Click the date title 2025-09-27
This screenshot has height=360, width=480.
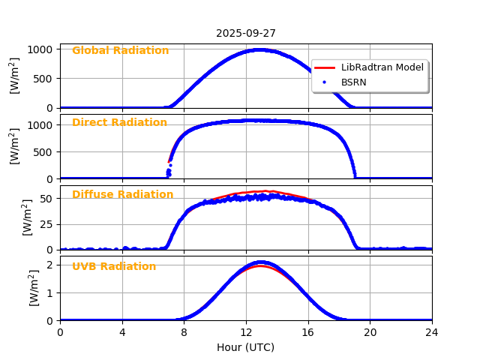pyautogui.click(x=246, y=33)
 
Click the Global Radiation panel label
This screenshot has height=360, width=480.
pyautogui.click(x=120, y=51)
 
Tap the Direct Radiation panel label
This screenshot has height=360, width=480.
pyautogui.click(x=119, y=123)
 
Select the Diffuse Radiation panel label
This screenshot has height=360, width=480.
pyautogui.click(x=122, y=195)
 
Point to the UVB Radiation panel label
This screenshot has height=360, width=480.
pyautogui.click(x=114, y=267)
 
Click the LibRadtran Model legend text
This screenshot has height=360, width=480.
pyautogui.click(x=382, y=67)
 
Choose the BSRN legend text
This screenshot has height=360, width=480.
pyautogui.click(x=354, y=82)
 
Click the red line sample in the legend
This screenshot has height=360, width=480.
pyautogui.click(x=325, y=67)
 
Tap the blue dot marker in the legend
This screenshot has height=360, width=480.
pyautogui.click(x=325, y=82)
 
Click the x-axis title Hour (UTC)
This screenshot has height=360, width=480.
pyautogui.click(x=246, y=347)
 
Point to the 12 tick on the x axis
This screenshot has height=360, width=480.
pyautogui.click(x=246, y=332)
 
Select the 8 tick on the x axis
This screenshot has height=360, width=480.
pyautogui.click(x=184, y=332)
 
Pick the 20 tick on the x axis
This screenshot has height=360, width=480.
pyautogui.click(x=370, y=332)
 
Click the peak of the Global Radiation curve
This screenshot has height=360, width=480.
pyautogui.click(x=258, y=50)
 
